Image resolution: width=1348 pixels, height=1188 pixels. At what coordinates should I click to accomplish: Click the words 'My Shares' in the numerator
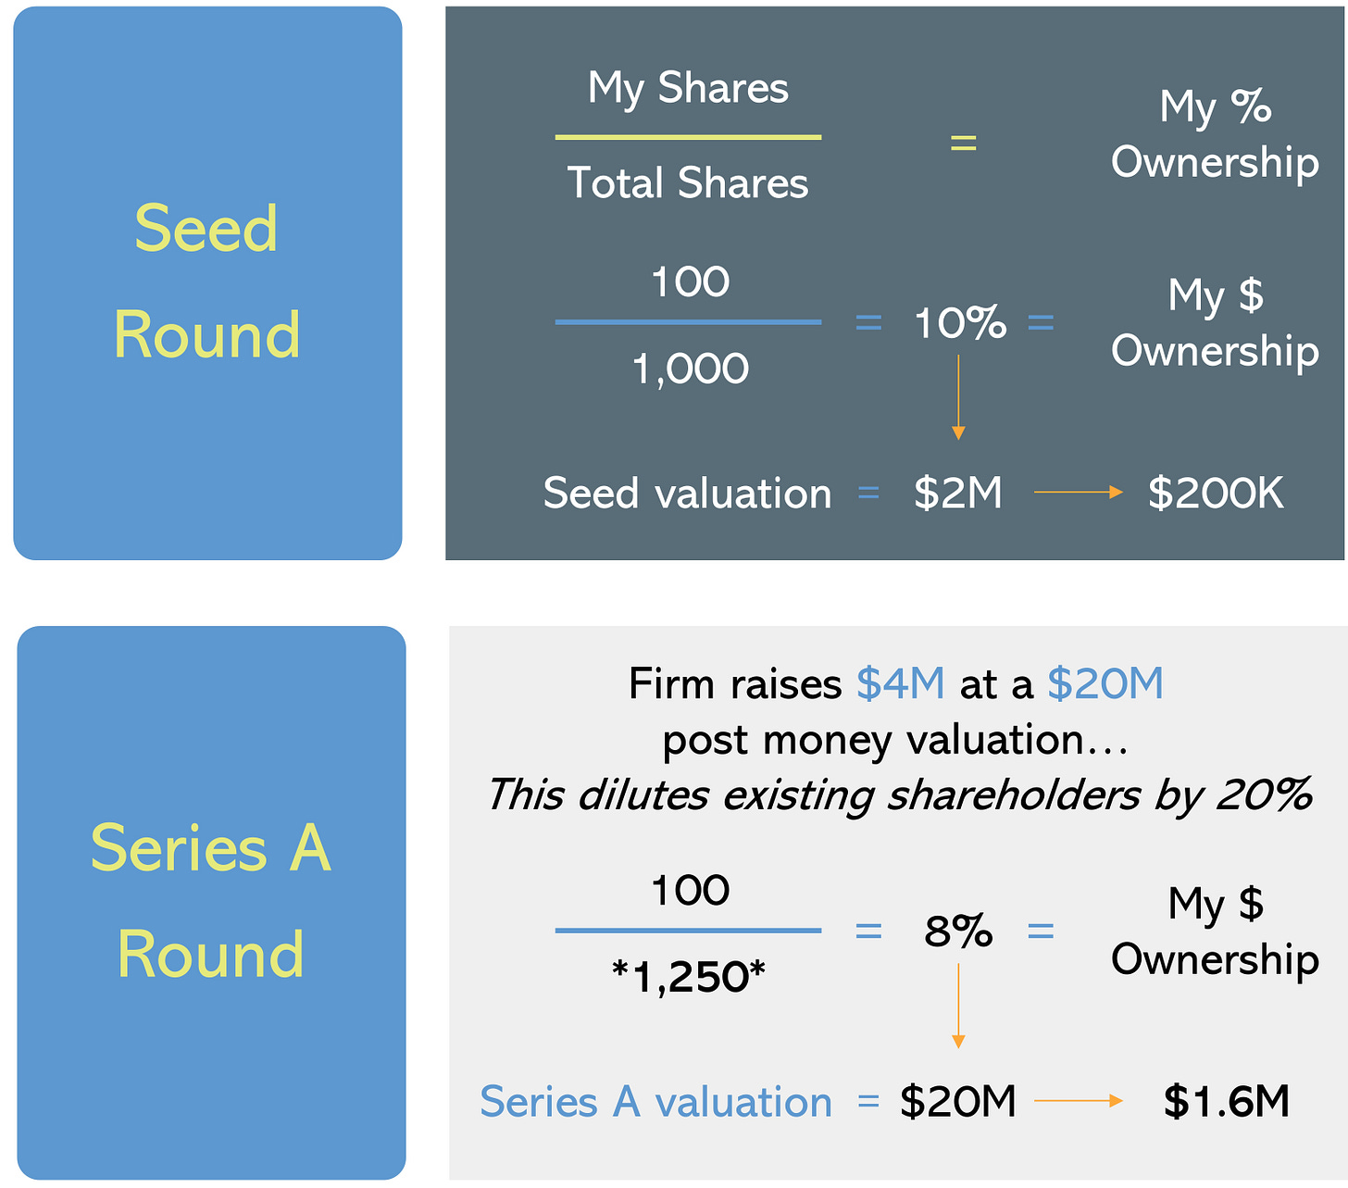(x=688, y=89)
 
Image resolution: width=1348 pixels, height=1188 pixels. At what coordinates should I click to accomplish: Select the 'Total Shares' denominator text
(x=687, y=182)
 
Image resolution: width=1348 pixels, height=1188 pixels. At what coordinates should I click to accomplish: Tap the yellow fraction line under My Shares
(x=688, y=137)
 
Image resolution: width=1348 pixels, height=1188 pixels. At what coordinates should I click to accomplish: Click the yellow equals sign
(x=963, y=143)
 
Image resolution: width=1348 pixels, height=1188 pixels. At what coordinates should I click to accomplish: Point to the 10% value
(x=959, y=323)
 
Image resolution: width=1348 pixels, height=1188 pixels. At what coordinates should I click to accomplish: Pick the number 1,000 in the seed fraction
(x=690, y=369)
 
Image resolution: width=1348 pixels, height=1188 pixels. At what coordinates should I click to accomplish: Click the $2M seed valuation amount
(x=957, y=493)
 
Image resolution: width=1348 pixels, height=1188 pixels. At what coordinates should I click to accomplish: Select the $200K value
(x=1216, y=493)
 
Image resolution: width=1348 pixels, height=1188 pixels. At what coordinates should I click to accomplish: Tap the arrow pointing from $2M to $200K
(x=1078, y=493)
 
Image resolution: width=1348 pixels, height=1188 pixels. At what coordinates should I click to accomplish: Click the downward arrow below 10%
(x=958, y=398)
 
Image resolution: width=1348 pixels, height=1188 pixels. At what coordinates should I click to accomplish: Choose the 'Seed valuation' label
(x=687, y=493)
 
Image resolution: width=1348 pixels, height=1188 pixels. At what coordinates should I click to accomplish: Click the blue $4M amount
(x=900, y=684)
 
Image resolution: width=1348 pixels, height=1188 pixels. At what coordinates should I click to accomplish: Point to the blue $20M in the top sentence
(x=1105, y=684)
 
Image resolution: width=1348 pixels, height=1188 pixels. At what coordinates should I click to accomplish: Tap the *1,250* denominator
(x=689, y=977)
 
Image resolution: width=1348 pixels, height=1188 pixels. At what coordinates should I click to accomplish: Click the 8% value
(x=958, y=931)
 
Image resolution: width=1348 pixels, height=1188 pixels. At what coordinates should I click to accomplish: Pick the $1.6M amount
(x=1226, y=1101)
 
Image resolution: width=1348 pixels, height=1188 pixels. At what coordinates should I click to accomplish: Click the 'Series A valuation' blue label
(x=655, y=1102)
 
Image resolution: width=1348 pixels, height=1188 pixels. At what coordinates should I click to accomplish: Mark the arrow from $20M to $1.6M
(x=1078, y=1101)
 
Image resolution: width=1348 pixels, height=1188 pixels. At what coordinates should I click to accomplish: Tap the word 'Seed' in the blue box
(x=206, y=228)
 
